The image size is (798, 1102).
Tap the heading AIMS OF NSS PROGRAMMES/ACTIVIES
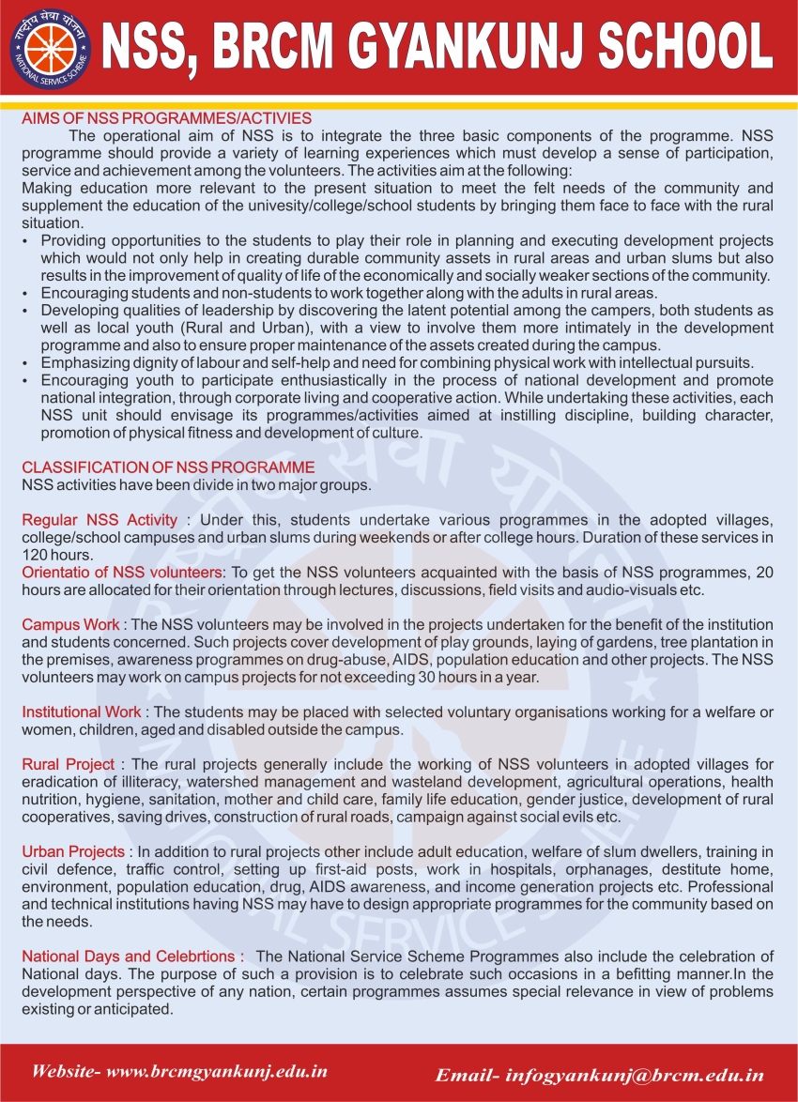point(166,119)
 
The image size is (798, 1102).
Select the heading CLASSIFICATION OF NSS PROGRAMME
point(168,467)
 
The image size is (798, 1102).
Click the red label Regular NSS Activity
point(100,520)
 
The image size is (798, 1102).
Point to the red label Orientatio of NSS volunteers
point(123,573)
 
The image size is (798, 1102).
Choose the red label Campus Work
point(70,624)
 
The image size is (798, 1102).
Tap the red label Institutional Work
point(82,712)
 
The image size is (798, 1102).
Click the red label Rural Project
point(69,764)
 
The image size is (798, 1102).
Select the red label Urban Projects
point(73,851)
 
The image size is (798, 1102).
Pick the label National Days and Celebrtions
point(132,957)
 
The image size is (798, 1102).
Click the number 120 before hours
point(34,555)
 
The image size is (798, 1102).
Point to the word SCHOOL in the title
point(685,47)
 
